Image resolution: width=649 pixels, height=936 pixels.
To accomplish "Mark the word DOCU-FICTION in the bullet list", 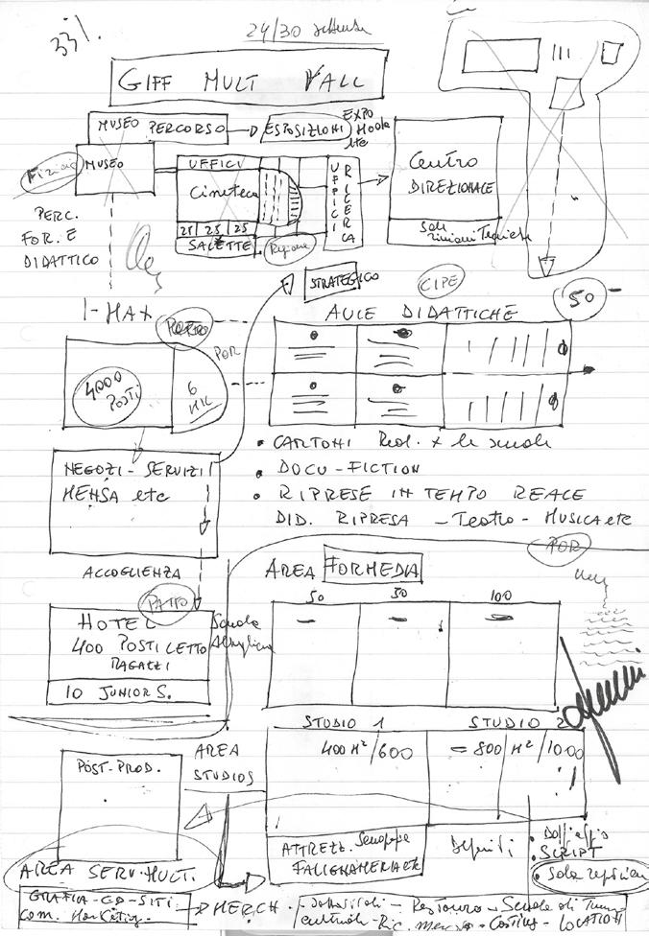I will [348, 470].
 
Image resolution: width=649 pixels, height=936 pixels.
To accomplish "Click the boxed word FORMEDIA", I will [372, 570].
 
